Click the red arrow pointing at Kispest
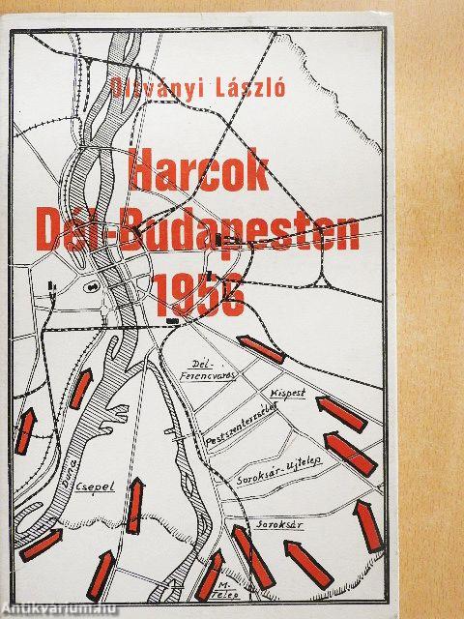point(342,412)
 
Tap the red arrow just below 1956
point(262,349)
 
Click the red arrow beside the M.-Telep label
point(210,575)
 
